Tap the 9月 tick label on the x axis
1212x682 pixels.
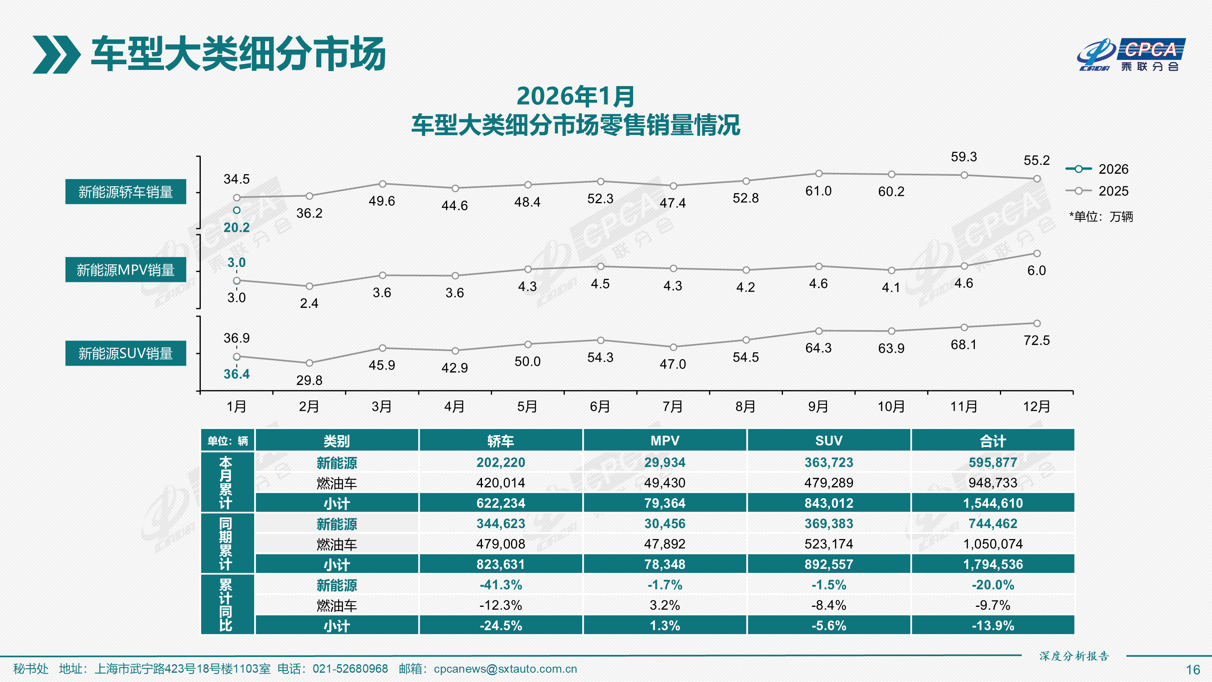tap(818, 406)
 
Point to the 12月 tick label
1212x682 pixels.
tap(1037, 406)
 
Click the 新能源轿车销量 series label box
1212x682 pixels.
tap(126, 192)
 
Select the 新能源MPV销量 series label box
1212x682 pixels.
tap(126, 270)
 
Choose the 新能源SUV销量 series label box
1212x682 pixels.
tap(126, 353)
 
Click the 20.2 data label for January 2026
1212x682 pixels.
tap(236, 228)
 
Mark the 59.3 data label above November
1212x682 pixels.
tap(964, 157)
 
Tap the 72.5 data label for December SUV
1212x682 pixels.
tap(1037, 340)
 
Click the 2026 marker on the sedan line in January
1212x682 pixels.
tap(237, 210)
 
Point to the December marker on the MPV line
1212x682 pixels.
tap(1037, 254)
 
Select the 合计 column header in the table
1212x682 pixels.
tap(993, 440)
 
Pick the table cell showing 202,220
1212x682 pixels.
tap(501, 462)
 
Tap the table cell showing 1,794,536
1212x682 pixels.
tap(993, 564)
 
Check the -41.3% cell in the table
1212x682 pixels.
tap(501, 585)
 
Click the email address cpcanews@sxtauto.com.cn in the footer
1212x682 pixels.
tap(505, 669)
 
